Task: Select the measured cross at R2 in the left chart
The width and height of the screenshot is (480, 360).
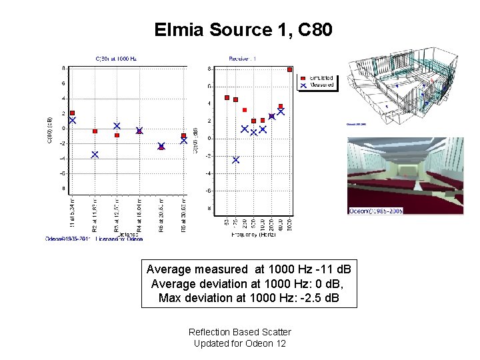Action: (x=95, y=154)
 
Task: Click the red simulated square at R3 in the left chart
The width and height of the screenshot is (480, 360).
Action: (x=117, y=135)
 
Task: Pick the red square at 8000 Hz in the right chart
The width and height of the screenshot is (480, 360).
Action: (x=289, y=69)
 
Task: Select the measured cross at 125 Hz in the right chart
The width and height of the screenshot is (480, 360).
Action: (x=235, y=160)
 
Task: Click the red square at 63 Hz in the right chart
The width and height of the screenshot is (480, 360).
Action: (x=227, y=97)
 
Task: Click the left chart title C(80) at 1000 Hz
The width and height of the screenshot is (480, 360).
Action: (x=116, y=59)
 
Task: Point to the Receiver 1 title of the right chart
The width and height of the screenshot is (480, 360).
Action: (x=243, y=59)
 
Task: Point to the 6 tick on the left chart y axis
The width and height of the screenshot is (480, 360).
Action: (x=63, y=83)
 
